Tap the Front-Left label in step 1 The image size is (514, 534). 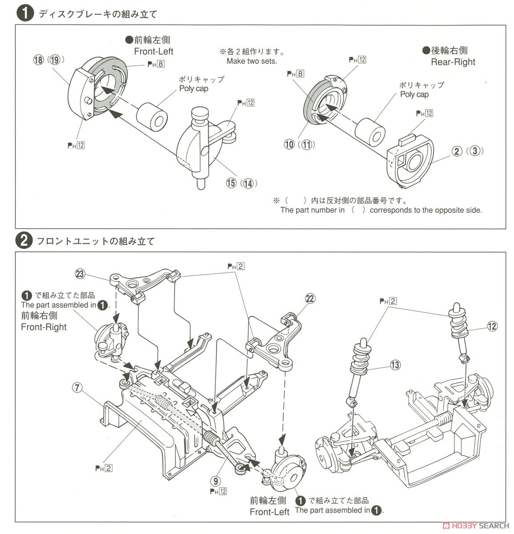pyautogui.click(x=154, y=51)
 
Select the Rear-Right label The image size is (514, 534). pyautogui.click(x=453, y=62)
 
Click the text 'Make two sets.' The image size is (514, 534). pyautogui.click(x=251, y=61)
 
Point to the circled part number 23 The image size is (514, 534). pyautogui.click(x=80, y=274)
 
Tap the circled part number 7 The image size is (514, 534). pyautogui.click(x=77, y=388)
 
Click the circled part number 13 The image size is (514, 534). pyautogui.click(x=394, y=365)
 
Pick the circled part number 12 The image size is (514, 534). pyautogui.click(x=491, y=326)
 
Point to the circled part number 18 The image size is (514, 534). pyautogui.click(x=38, y=60)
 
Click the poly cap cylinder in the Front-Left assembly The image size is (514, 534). pyautogui.click(x=152, y=116)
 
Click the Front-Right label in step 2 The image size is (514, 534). pyautogui.click(x=44, y=327)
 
